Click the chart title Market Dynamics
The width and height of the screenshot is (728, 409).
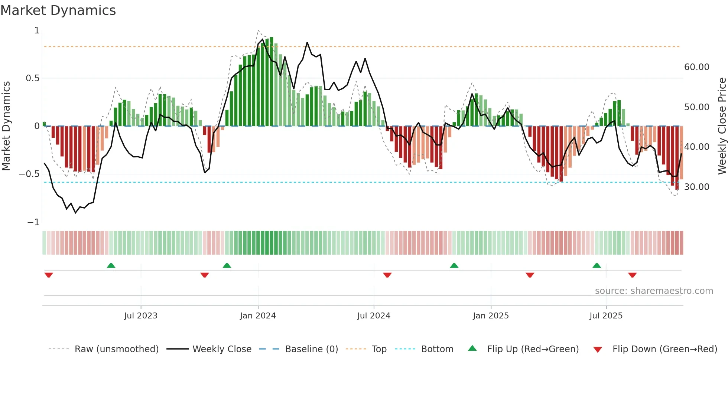tap(58, 10)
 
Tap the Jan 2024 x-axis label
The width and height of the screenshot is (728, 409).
tap(258, 316)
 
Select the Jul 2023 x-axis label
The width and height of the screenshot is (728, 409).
tap(141, 316)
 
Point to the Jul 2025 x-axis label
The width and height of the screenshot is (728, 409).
tap(606, 316)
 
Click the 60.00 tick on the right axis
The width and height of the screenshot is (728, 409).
tap(696, 67)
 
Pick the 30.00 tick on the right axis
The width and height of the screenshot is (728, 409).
tap(696, 187)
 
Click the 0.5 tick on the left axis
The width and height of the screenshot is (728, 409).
tap(32, 78)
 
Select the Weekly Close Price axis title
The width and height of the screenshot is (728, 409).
tap(722, 126)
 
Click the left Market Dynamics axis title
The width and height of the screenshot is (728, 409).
tap(6, 126)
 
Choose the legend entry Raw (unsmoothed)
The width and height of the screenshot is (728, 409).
tap(116, 349)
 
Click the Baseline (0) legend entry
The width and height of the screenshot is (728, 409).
tap(311, 349)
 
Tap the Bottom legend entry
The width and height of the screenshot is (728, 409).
tap(437, 349)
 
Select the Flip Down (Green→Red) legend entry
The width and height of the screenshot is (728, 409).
tap(664, 349)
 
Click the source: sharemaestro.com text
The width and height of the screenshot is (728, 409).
tap(654, 291)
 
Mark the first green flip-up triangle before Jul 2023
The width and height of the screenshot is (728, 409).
tap(111, 265)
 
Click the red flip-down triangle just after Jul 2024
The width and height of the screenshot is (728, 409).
tap(387, 275)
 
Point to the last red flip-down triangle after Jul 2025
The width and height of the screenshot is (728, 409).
tap(633, 275)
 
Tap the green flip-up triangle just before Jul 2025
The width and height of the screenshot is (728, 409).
tap(597, 265)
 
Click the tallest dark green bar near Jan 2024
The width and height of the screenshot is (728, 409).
tap(272, 82)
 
